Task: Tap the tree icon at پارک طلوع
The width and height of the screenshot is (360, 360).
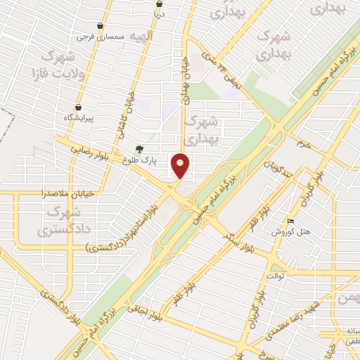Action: click(140, 149)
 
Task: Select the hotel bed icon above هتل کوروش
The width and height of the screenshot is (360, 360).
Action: click(292, 221)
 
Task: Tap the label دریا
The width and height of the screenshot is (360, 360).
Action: click(159, 13)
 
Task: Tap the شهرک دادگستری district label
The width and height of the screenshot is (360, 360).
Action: click(59, 220)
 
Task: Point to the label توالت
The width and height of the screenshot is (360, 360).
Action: click(274, 276)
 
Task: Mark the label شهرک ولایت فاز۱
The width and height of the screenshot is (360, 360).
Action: click(49, 63)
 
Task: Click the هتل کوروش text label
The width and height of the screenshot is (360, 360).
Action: click(287, 232)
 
